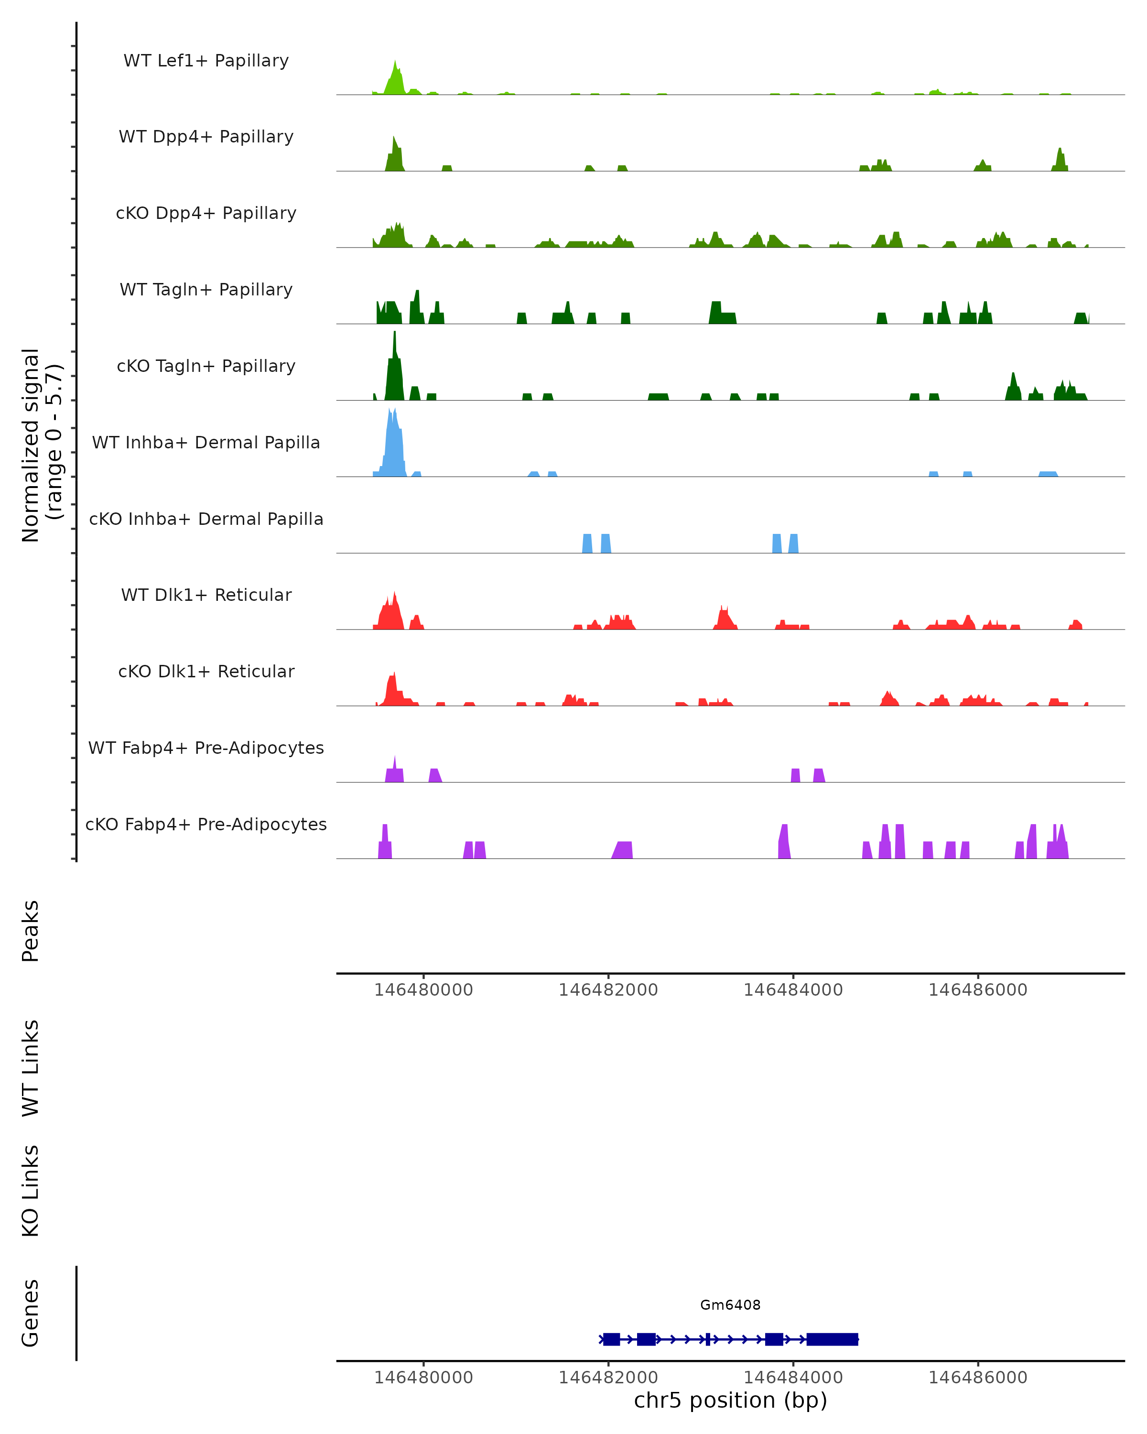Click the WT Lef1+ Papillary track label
(206, 61)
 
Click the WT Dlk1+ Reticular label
(206, 595)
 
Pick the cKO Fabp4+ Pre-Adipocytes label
(206, 824)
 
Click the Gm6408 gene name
(730, 1305)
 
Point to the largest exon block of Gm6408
(832, 1339)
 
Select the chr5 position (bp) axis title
(730, 1400)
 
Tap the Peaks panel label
(31, 931)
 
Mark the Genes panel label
(31, 1313)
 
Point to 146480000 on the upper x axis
(423, 990)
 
